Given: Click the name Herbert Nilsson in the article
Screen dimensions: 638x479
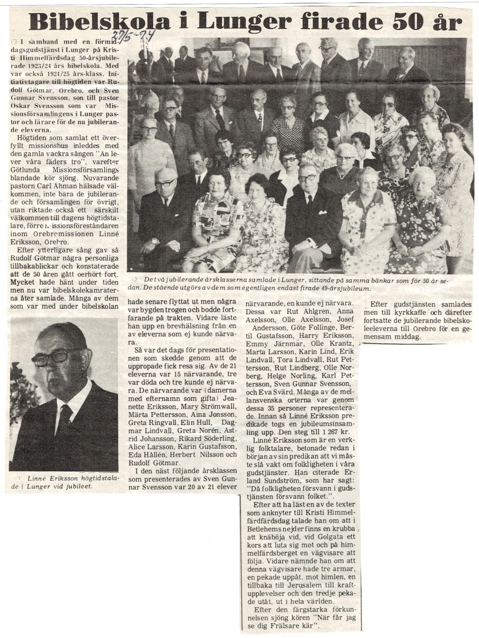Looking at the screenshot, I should (x=206, y=454).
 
